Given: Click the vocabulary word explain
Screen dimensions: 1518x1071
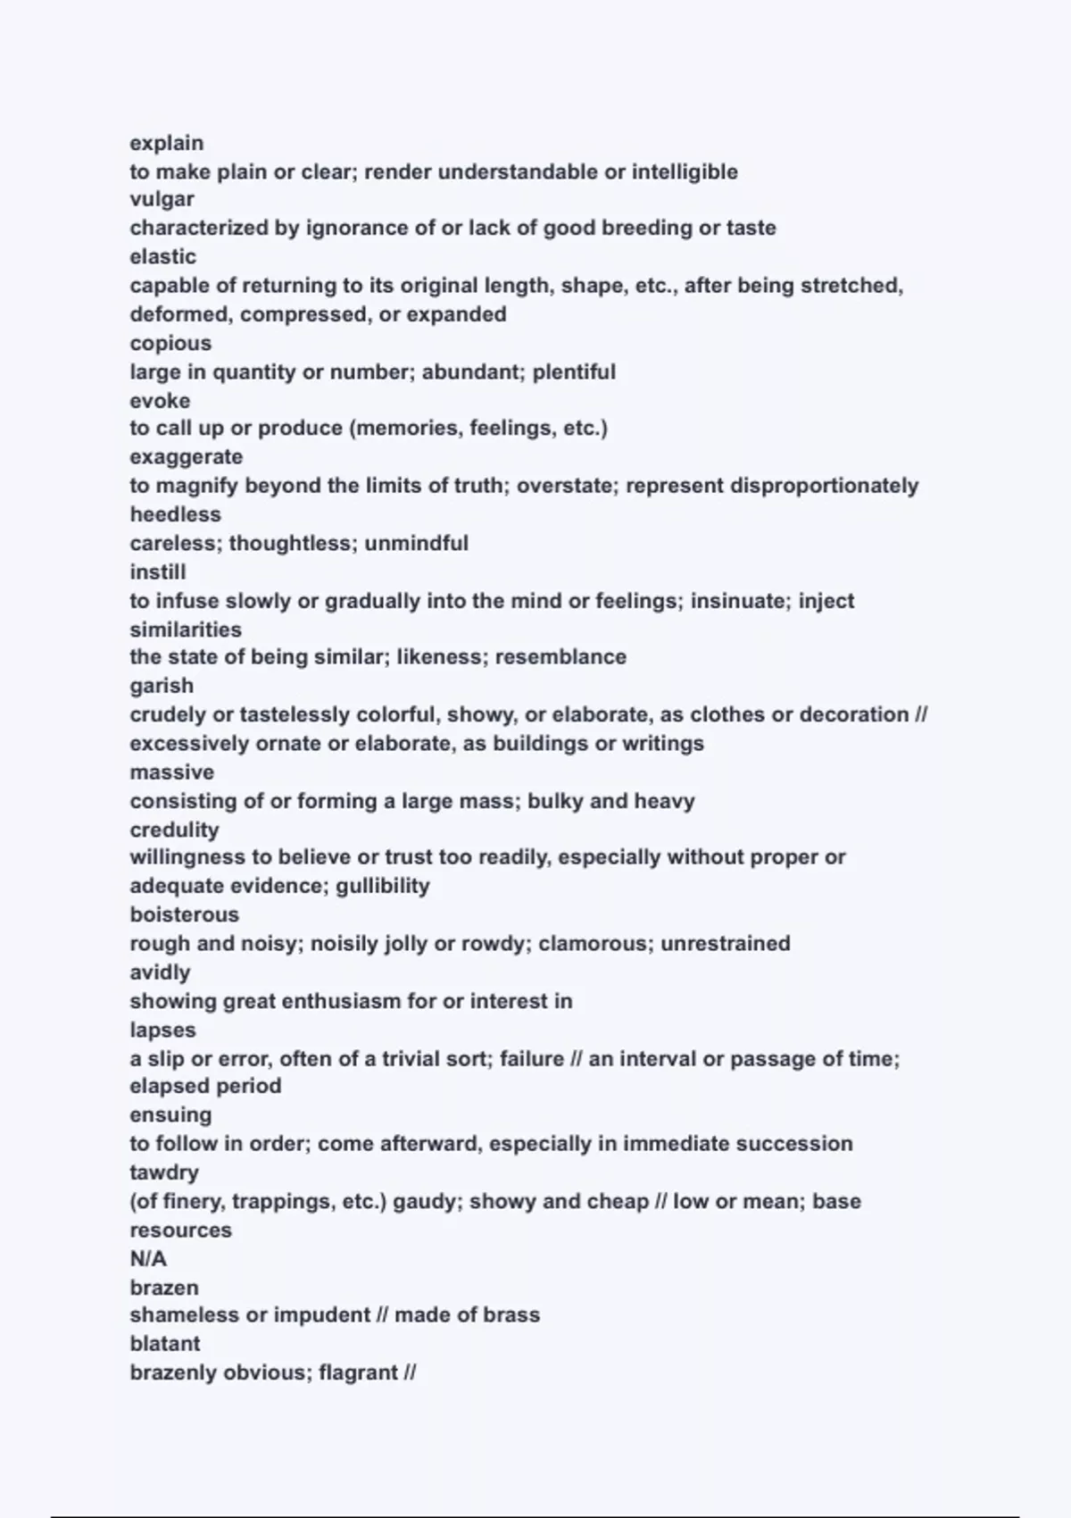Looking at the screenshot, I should click(167, 143).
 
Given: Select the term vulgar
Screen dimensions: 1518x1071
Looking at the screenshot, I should click(162, 199).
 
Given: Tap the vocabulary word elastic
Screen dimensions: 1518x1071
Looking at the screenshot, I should click(163, 256).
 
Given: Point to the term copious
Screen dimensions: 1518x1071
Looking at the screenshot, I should click(170, 343).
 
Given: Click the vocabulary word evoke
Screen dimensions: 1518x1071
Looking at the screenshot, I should click(160, 400).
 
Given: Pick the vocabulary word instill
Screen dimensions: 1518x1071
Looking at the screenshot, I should click(158, 571).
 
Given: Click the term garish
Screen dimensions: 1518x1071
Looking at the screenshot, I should click(162, 686).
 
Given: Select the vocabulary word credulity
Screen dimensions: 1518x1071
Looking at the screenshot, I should click(174, 830).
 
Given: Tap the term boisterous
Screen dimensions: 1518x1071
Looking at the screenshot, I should click(185, 914).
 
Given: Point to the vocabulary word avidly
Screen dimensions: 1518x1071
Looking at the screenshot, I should click(160, 972).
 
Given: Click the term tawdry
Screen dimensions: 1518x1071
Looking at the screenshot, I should click(164, 1172).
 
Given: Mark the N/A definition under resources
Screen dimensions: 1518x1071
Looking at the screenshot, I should click(148, 1259).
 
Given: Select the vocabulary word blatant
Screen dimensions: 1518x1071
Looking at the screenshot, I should click(165, 1344).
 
